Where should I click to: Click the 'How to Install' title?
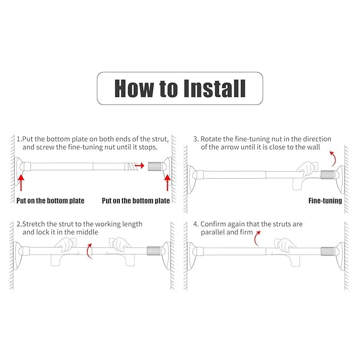tap(180, 88)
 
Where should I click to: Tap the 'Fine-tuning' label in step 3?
tap(325, 201)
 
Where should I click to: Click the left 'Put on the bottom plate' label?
tap(50, 201)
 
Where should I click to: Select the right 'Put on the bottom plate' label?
tap(136, 201)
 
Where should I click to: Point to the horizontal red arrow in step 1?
tap(139, 166)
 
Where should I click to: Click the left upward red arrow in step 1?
tap(21, 182)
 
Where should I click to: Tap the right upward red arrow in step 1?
tap(168, 182)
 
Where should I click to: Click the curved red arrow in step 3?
tap(332, 157)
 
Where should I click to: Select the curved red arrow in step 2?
tap(89, 250)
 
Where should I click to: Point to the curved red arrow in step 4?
tap(258, 238)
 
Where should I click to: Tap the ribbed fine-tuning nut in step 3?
tap(328, 174)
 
